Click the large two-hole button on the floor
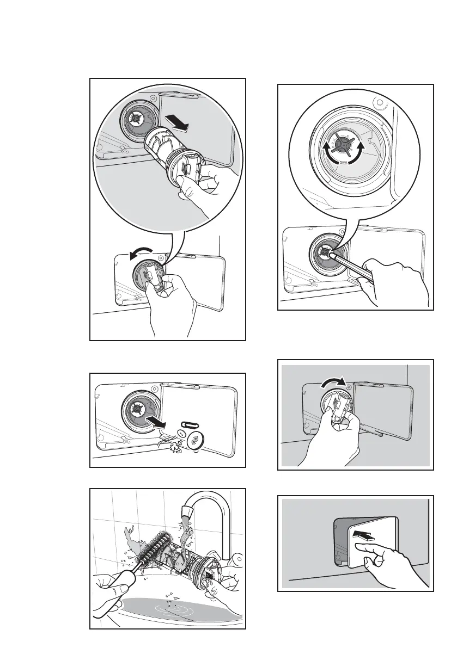[194, 442]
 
